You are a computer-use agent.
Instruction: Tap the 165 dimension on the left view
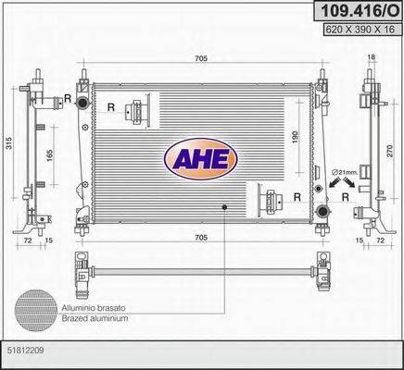(x=48, y=150)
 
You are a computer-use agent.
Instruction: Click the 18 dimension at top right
(x=371, y=58)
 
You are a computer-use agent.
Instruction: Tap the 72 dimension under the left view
(x=31, y=240)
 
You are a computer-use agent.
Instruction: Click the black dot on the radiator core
(x=223, y=206)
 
